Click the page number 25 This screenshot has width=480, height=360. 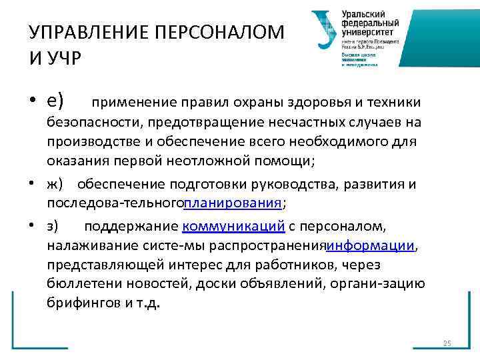(x=447, y=343)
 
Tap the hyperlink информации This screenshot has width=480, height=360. (x=371, y=246)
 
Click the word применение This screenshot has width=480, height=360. (x=133, y=102)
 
